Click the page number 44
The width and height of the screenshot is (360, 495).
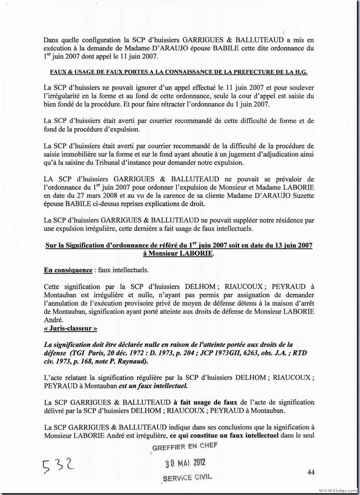pos(311,472)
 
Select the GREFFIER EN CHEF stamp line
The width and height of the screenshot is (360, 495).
pos(185,446)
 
